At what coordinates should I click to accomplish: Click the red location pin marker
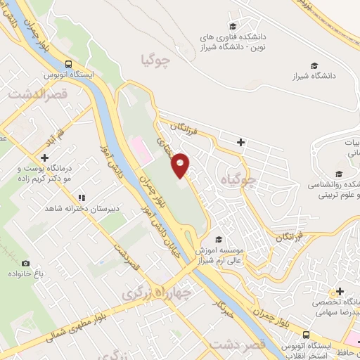click(181, 166)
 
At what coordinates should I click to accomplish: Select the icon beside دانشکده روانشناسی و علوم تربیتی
click(338, 174)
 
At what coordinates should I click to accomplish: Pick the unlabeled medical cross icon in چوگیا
click(241, 142)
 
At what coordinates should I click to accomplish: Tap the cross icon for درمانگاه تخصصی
click(339, 292)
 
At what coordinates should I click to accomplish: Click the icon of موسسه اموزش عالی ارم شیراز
click(219, 239)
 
